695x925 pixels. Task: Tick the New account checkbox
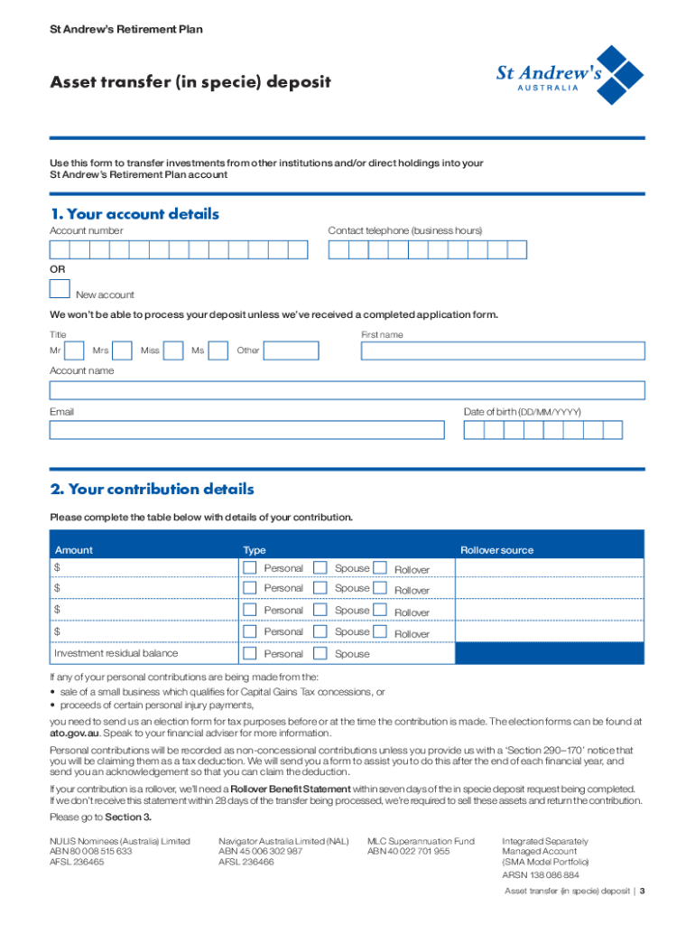tap(60, 288)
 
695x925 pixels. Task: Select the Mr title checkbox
tap(77, 350)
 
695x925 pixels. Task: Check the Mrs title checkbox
tap(124, 350)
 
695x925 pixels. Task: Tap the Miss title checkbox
tap(175, 350)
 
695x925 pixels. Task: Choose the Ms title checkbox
tap(218, 350)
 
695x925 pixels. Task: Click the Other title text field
tap(290, 350)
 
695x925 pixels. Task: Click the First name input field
tap(503, 351)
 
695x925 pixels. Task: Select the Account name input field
tap(347, 390)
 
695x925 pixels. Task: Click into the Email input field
tap(246, 429)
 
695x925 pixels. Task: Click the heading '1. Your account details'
tap(134, 214)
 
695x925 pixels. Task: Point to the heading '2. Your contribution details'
tap(152, 490)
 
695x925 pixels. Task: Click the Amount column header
tap(74, 550)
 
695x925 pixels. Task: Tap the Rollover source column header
tap(496, 550)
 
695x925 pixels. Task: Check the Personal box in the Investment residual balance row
tap(250, 654)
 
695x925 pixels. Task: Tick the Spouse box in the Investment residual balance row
tap(320, 654)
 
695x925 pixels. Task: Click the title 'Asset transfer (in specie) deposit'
tap(190, 83)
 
